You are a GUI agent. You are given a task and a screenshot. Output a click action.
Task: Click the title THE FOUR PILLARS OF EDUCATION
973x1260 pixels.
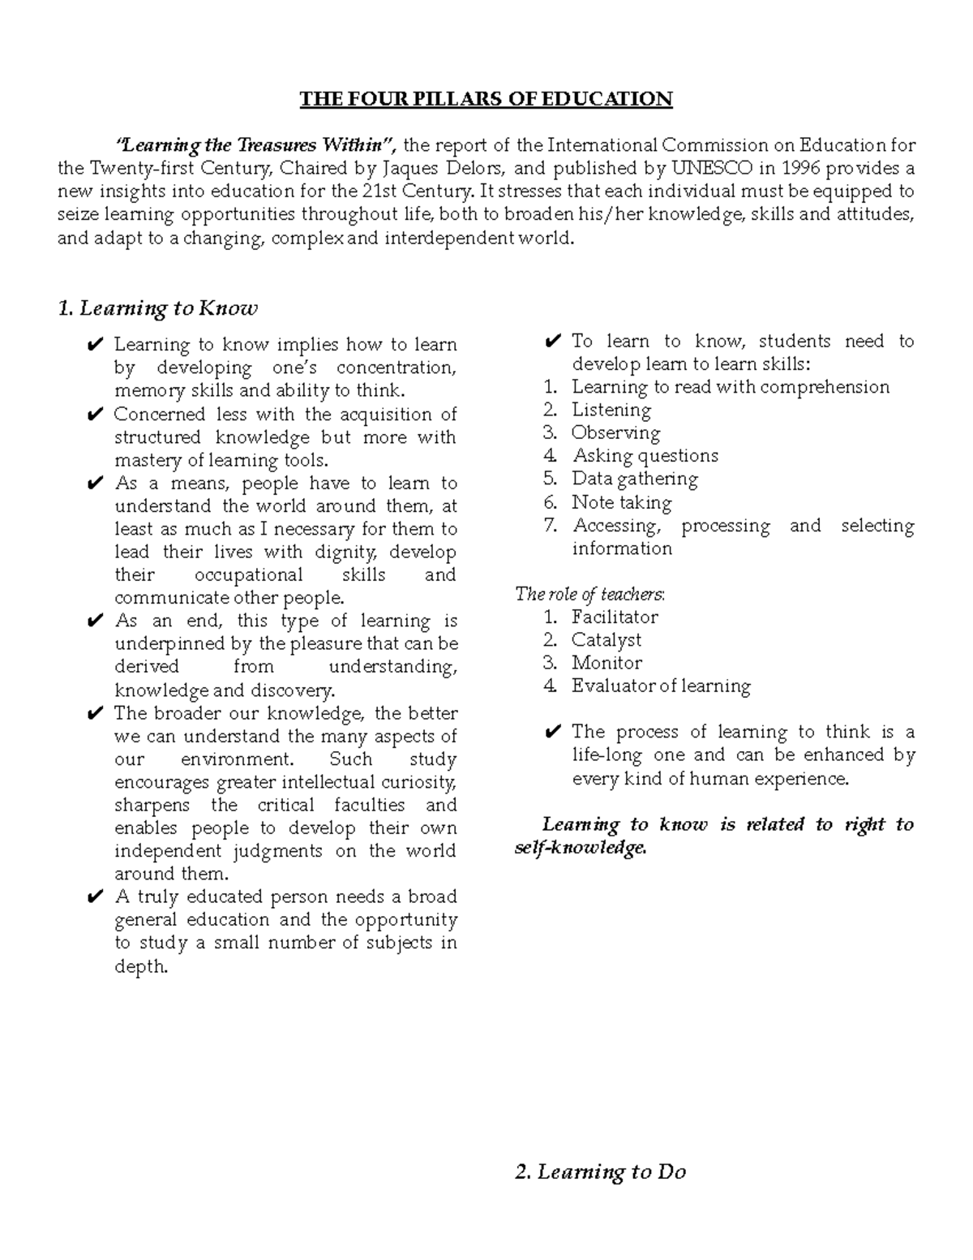click(486, 99)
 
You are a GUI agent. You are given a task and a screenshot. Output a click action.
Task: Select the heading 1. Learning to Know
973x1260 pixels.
click(157, 308)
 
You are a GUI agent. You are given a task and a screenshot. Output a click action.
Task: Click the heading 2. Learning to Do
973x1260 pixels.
click(600, 1172)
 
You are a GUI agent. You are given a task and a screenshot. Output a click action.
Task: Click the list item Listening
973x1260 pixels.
click(611, 410)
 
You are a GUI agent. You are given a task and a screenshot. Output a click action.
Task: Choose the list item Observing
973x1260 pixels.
click(615, 432)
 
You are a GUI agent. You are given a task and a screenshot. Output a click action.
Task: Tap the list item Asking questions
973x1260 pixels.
click(645, 456)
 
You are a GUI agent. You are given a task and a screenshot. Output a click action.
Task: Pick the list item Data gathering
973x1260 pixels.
click(634, 479)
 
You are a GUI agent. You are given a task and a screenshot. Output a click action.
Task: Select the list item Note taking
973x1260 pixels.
click(621, 502)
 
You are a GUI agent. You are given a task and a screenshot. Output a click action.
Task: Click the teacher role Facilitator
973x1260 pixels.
click(614, 617)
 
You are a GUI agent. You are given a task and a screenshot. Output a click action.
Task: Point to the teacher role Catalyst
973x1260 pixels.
click(606, 640)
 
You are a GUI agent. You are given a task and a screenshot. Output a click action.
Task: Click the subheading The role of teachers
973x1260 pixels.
click(590, 594)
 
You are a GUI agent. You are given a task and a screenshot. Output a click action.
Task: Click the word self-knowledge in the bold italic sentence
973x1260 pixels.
click(581, 848)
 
